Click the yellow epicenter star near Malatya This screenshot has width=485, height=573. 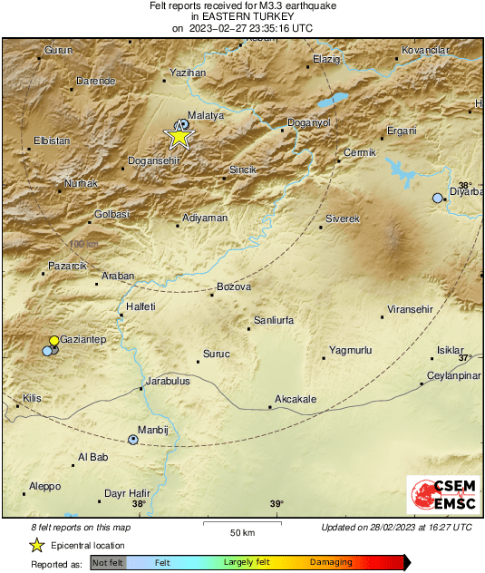[x=179, y=137]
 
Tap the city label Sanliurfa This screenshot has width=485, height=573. [x=277, y=321]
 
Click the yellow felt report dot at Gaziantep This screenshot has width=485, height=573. [x=53, y=341]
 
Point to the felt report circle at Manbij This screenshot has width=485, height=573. [x=134, y=440]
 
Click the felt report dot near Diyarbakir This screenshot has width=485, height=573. [x=438, y=198]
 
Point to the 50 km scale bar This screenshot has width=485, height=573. [x=240, y=523]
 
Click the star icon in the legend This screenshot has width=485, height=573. [x=37, y=545]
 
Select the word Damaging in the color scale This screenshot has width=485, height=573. [x=331, y=562]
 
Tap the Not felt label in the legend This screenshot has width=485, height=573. [x=108, y=562]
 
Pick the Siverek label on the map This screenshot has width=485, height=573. [x=344, y=219]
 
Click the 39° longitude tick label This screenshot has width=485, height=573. [x=276, y=504]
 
